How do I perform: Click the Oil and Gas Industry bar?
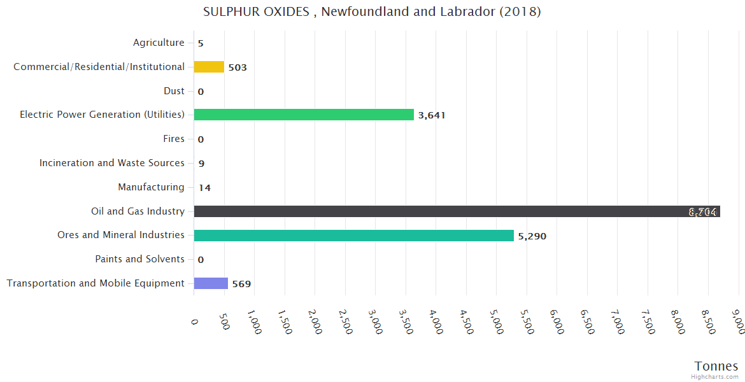[446, 211]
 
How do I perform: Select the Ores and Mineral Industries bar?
[353, 236]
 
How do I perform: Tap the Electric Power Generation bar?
[304, 115]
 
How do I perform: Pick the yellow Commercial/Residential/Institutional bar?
[209, 67]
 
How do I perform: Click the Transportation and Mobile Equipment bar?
[211, 283]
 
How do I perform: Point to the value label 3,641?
[432, 115]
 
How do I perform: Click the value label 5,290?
[532, 236]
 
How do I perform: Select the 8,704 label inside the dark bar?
[703, 212]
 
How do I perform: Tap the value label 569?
[241, 284]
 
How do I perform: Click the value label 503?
[238, 67]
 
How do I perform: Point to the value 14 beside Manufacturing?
[204, 188]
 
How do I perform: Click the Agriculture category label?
[159, 43]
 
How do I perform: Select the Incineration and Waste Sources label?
[112, 163]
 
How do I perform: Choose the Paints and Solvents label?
[139, 259]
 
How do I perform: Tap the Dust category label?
[174, 91]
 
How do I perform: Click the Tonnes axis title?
[716, 366]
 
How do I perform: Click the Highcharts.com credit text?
[714, 377]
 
